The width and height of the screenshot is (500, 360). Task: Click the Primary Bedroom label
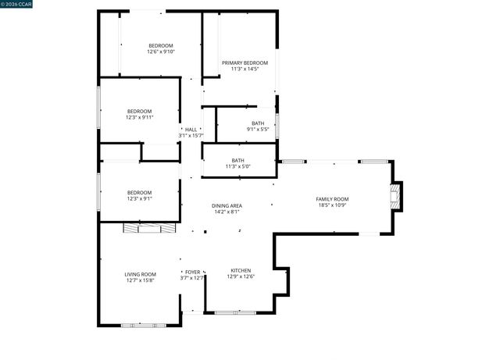(x=245, y=62)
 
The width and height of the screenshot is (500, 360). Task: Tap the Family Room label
(x=332, y=199)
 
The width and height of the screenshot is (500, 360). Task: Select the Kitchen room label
(x=241, y=269)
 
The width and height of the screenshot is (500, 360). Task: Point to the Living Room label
(x=141, y=274)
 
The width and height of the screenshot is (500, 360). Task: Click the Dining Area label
(x=227, y=205)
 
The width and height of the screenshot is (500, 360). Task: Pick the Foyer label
(x=192, y=272)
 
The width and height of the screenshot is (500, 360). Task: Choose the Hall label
(x=191, y=130)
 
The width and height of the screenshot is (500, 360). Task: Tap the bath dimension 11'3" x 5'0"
(x=237, y=166)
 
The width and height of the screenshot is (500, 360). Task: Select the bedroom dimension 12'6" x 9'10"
(x=162, y=52)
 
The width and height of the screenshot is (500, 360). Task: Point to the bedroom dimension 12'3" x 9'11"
(x=140, y=117)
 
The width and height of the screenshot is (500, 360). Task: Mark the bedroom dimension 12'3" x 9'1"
(x=140, y=198)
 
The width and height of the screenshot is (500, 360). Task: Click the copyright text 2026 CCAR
(x=16, y=5)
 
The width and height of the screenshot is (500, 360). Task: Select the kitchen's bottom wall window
(x=234, y=313)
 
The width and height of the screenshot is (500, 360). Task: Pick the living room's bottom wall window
(x=143, y=324)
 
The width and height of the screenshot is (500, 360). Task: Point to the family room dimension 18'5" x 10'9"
(x=332, y=205)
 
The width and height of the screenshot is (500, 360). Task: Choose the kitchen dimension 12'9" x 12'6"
(x=241, y=276)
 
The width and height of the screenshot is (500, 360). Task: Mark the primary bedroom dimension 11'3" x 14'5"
(x=245, y=69)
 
